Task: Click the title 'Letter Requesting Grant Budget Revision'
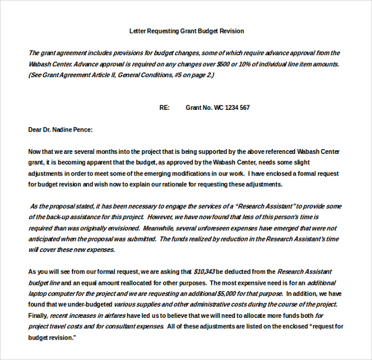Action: [186, 30]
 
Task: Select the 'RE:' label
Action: [164, 107]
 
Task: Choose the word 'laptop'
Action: [38, 294]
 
